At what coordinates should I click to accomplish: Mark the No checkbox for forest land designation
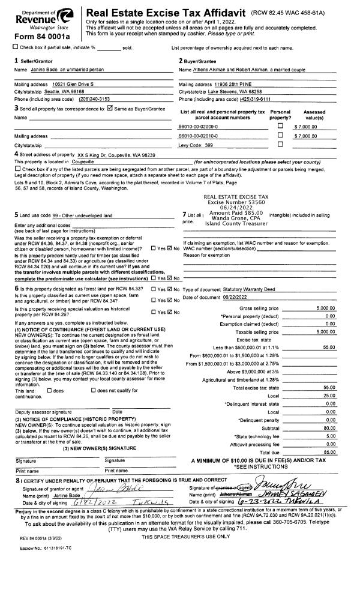coord(169,289)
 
